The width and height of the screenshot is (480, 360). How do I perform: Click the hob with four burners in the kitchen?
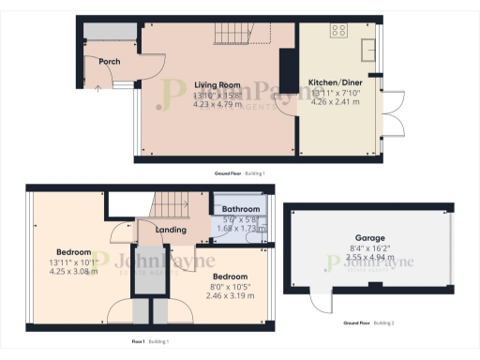point(337,31)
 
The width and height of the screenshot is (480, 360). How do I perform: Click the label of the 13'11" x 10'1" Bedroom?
point(72,252)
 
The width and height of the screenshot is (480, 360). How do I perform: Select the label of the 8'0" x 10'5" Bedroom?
point(229,277)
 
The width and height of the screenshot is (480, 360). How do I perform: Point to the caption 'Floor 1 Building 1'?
point(151,342)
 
